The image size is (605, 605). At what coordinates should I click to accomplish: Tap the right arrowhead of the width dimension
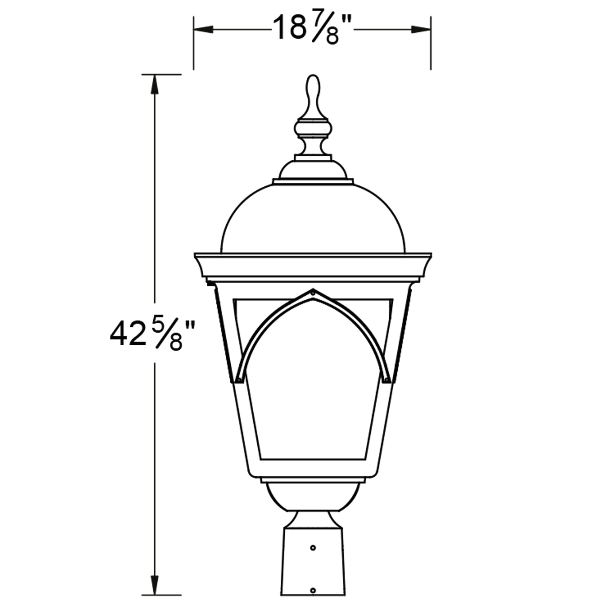(421, 29)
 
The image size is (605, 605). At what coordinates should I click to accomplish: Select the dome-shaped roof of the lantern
(313, 220)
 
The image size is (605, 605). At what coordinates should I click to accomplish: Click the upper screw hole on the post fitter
(313, 548)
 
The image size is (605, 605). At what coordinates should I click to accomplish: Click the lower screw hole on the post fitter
(313, 590)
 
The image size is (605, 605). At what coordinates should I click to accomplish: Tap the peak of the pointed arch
(313, 291)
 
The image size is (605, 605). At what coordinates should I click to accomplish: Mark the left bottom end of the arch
(239, 379)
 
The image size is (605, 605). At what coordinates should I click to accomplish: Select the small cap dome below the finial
(313, 169)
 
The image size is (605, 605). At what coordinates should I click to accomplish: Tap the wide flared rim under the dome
(313, 266)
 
